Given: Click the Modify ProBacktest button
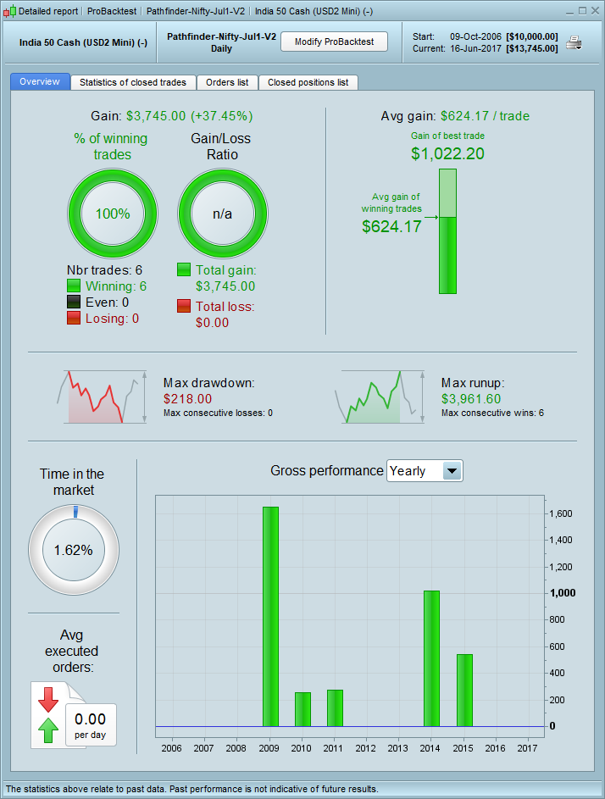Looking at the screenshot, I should tap(334, 42).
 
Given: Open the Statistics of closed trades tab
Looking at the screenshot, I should tap(134, 82).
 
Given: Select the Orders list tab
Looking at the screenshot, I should tap(227, 82).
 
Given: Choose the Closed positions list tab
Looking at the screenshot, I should tap(308, 82).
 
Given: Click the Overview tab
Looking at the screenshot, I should tap(40, 81).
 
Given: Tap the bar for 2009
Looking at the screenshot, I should tap(270, 616).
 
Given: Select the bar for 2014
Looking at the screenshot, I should tap(431, 658).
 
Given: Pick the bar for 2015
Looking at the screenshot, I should tap(464, 690).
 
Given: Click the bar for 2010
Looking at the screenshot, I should tap(302, 709).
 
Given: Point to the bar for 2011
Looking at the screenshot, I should tap(335, 707).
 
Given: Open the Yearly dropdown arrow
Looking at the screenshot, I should tap(452, 471).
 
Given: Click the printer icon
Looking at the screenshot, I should tap(574, 42).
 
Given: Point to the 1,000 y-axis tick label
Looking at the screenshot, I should tap(563, 593).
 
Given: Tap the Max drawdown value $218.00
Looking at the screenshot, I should tap(187, 398).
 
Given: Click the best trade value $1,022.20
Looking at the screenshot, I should tap(447, 153).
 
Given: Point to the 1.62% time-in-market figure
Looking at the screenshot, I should tap(73, 549).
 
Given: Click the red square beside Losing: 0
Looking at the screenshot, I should tap(74, 318).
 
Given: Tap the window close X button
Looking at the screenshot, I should tap(595, 10).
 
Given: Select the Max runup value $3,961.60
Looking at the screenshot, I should tap(471, 398).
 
